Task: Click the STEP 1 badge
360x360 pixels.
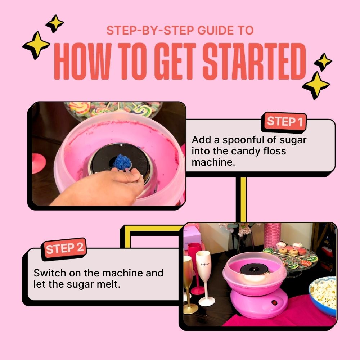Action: tap(284, 122)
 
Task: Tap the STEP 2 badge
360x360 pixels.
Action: tap(65, 248)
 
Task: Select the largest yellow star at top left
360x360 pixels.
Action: tap(36, 45)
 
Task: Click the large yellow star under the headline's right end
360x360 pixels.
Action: tap(316, 85)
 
